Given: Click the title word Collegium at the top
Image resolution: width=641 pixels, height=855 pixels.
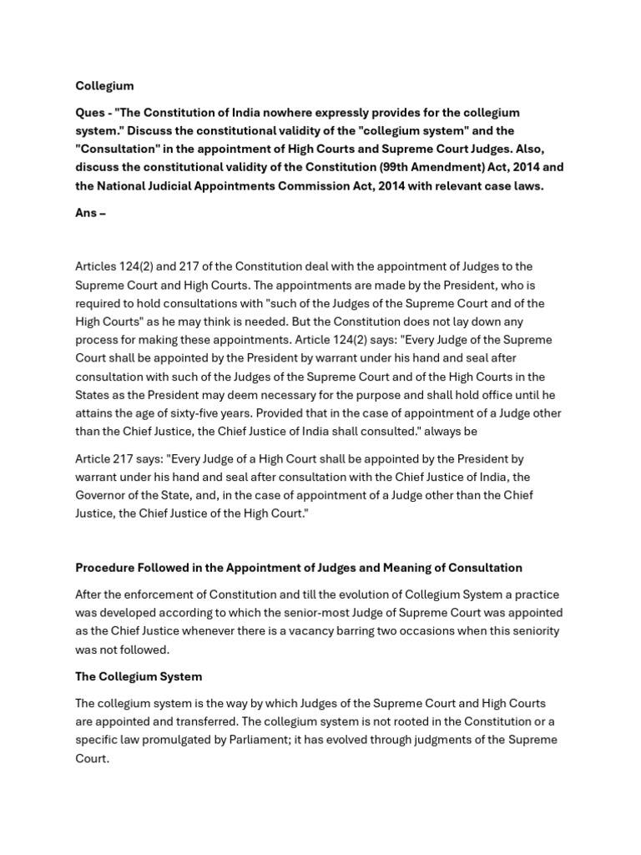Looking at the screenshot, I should click(104, 86).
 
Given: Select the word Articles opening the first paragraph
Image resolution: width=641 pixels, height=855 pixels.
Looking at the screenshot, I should click(98, 266).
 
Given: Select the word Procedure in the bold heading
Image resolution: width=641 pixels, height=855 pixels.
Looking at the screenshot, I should click(105, 568).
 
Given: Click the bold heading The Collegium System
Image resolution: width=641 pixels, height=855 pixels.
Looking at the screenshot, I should click(139, 676).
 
